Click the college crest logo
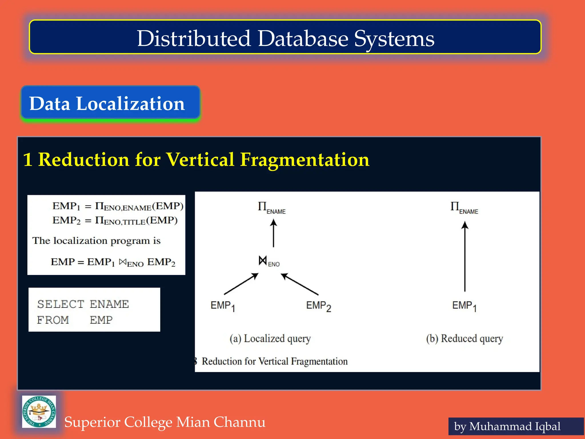coord(39,412)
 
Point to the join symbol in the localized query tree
coord(263,260)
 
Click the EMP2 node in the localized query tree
coord(318,306)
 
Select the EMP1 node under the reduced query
coord(464,306)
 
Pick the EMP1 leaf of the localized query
coord(223,306)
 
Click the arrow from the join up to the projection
coord(273,233)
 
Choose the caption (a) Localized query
coord(270,338)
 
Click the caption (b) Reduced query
coord(464,338)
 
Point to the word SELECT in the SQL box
coord(61,304)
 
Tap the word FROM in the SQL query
coord(53,320)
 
